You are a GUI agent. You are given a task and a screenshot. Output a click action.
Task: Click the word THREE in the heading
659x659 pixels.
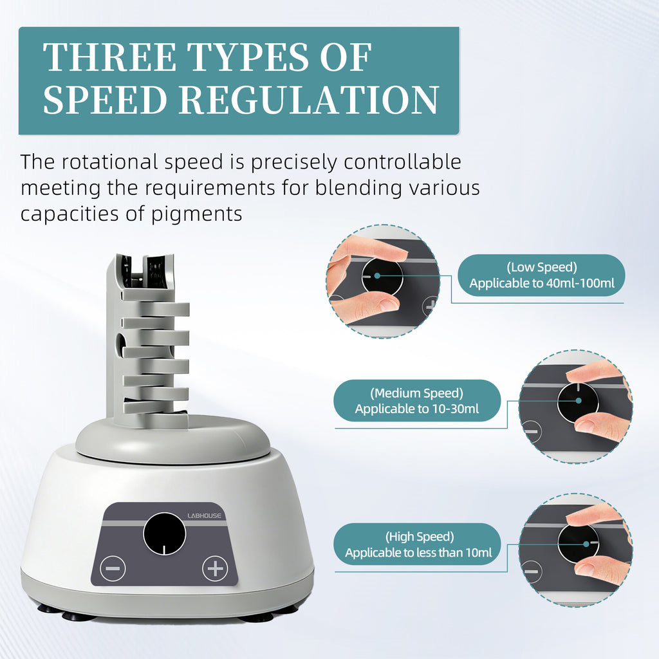point(109,57)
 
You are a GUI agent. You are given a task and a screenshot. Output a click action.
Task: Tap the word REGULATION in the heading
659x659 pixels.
point(310,100)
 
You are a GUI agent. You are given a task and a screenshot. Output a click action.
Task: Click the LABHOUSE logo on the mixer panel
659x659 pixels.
point(204,515)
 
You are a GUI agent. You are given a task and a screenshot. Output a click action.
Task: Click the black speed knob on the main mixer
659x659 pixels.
point(164,534)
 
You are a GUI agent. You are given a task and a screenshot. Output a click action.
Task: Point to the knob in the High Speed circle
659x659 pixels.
point(579,543)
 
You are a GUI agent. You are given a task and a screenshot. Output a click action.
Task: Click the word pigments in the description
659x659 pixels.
point(197,214)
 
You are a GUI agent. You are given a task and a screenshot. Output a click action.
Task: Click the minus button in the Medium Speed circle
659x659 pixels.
point(531,432)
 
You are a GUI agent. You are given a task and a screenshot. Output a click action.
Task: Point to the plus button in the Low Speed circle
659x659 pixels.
point(430,306)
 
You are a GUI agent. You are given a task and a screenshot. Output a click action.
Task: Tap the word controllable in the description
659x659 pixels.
point(403,162)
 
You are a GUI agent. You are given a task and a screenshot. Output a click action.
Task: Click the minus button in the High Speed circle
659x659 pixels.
point(531,571)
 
